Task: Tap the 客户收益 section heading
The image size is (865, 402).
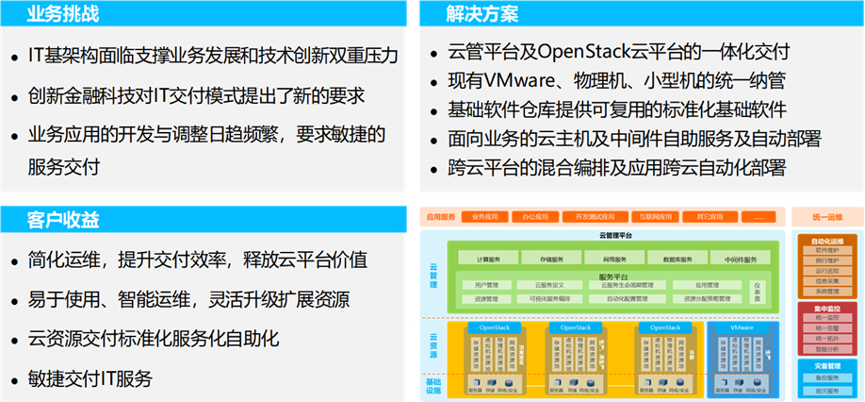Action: tap(62, 220)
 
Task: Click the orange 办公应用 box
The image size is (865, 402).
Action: tap(536, 216)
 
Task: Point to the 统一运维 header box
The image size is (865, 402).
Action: tap(826, 216)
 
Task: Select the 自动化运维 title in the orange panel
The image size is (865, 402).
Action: tap(826, 240)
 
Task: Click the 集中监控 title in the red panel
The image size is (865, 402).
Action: tap(826, 308)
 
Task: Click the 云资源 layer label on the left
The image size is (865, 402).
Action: tap(433, 346)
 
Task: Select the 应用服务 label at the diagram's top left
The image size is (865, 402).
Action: tap(440, 216)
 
